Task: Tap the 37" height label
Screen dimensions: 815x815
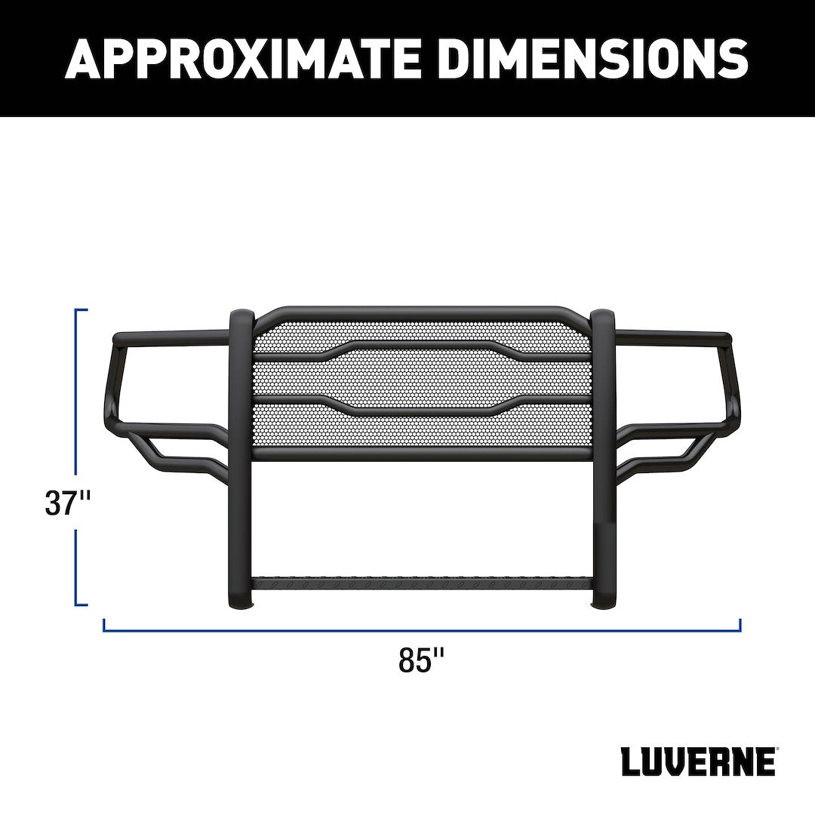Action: click(x=68, y=503)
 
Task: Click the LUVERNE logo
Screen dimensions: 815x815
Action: click(x=697, y=762)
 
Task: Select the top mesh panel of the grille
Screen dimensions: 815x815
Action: click(x=423, y=333)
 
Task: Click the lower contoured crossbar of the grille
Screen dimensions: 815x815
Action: click(x=423, y=408)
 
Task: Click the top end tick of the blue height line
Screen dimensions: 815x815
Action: click(x=81, y=310)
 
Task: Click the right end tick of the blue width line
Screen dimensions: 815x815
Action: click(x=740, y=625)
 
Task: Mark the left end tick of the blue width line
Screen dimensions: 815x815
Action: click(x=104, y=625)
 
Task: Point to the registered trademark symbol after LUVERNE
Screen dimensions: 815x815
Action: click(x=778, y=750)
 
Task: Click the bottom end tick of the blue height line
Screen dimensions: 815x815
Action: click(x=81, y=604)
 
